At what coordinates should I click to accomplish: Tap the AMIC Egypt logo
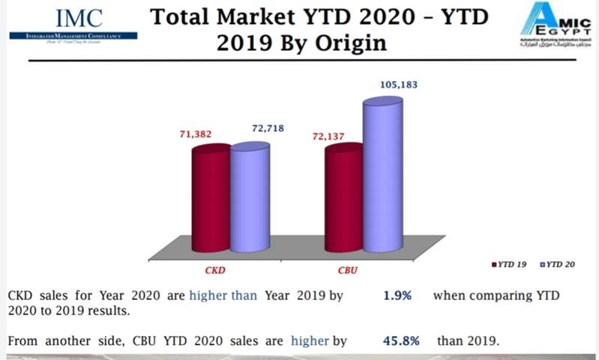555,27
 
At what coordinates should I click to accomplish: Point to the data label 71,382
194,134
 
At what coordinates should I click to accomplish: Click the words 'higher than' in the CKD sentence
223,295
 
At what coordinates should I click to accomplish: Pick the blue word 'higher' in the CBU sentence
308,341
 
